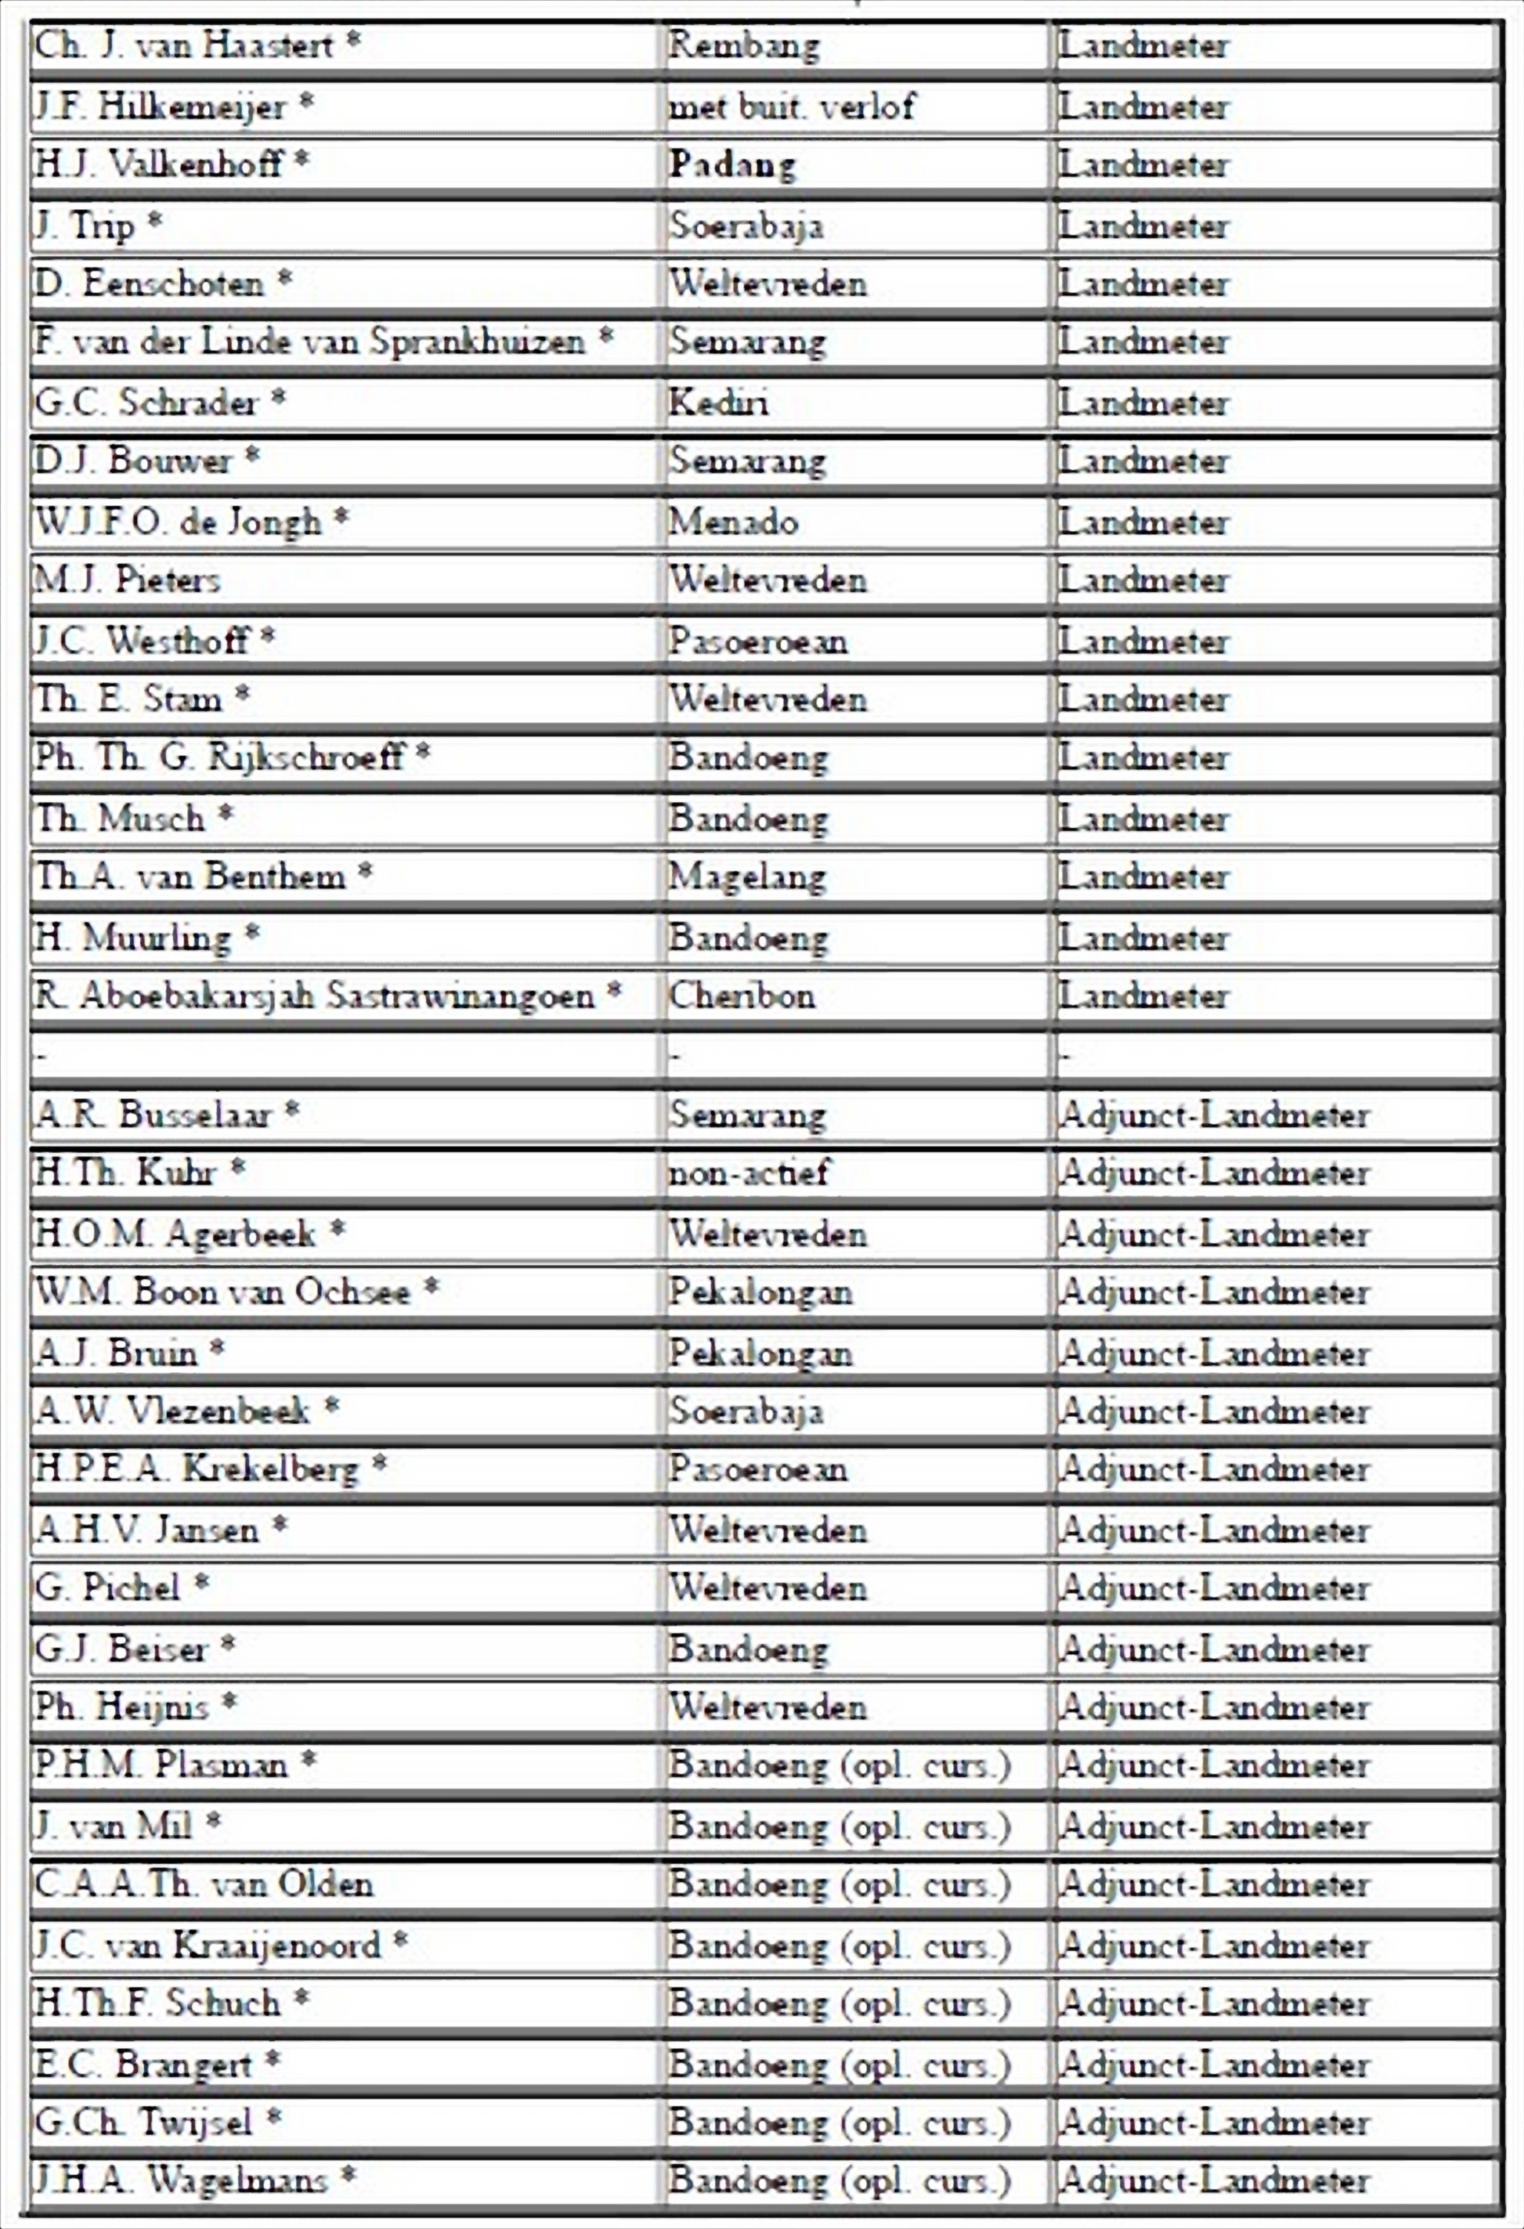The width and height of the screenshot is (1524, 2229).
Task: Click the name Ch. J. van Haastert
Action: (183, 45)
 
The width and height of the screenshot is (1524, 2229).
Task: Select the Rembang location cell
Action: (745, 45)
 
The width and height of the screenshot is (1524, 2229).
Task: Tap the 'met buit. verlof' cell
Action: (791, 105)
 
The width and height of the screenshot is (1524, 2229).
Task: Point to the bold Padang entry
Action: (733, 165)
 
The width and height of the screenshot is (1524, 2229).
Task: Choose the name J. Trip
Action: (85, 225)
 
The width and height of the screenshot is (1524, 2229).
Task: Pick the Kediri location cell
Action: (719, 402)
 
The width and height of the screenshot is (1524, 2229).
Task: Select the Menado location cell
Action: (733, 521)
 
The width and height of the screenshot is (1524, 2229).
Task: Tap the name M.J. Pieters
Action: (128, 579)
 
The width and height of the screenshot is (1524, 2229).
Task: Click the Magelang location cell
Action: (747, 877)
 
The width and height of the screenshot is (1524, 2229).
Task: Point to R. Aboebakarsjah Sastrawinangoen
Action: (314, 995)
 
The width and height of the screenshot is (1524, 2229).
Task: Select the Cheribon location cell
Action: (742, 995)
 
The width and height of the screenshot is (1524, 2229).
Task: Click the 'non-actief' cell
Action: (748, 1172)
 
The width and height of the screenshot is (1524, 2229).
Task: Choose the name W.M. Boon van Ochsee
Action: (223, 1291)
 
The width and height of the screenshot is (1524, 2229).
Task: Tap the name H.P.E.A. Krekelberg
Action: (197, 1469)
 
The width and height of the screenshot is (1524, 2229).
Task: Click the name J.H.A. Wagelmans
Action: (181, 2180)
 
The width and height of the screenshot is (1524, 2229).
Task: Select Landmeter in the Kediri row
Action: (1144, 402)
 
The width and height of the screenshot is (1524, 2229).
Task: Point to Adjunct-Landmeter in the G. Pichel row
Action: (1214, 1587)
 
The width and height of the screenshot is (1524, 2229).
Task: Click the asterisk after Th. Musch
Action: (225, 816)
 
